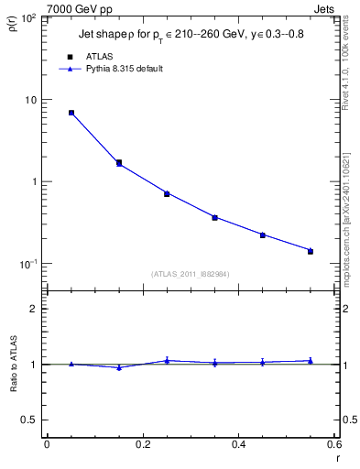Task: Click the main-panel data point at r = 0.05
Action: [x=71, y=113]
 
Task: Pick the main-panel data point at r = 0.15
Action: [x=119, y=163]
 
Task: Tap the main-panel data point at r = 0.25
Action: [x=167, y=193]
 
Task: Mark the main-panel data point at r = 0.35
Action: [x=214, y=217]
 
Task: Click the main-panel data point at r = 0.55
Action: [x=311, y=250]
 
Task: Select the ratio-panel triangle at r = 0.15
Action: [x=119, y=367]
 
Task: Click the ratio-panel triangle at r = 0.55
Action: [x=311, y=361]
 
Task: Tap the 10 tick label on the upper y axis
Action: [x=31, y=100]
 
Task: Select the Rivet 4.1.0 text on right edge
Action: [x=345, y=69]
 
